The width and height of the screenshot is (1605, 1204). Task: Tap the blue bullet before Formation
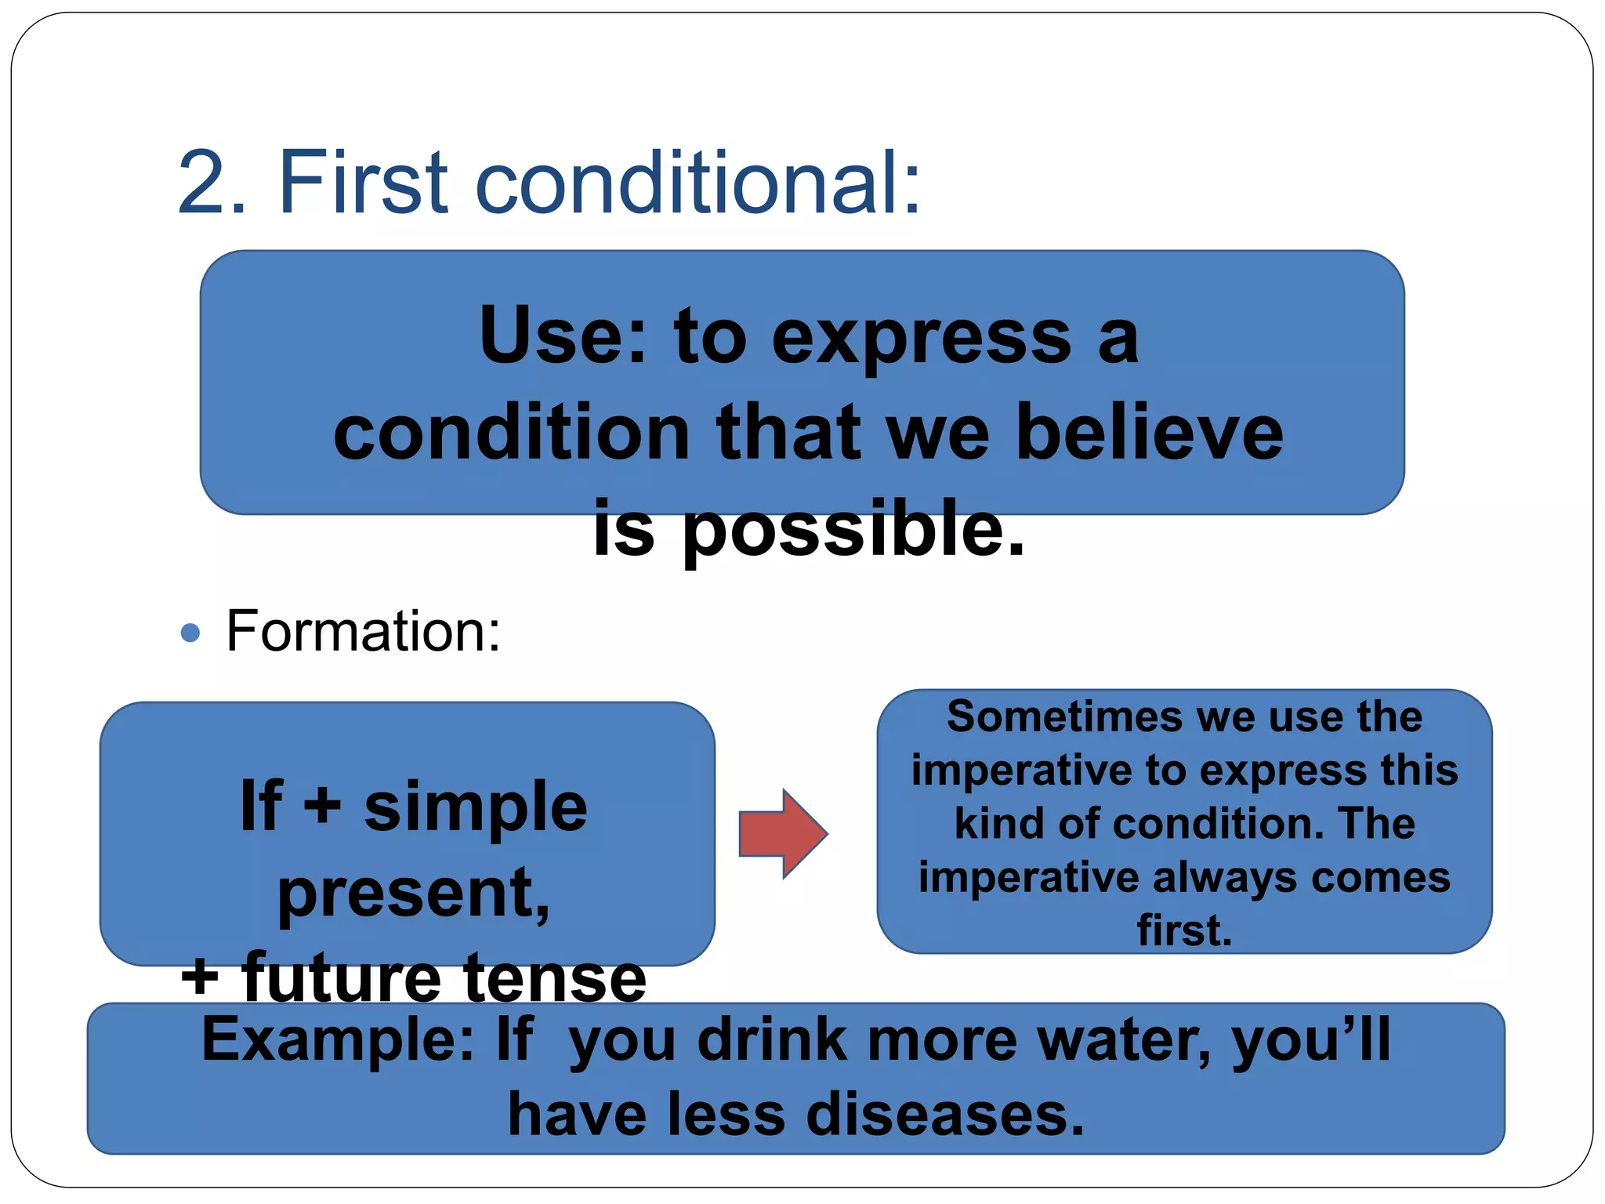tap(190, 632)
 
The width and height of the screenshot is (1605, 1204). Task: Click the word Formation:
tap(363, 632)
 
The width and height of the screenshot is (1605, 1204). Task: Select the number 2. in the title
tap(212, 183)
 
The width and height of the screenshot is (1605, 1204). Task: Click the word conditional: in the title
tap(698, 183)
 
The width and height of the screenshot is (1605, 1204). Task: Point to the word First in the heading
tap(364, 183)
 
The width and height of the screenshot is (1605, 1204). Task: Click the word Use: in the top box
tap(563, 337)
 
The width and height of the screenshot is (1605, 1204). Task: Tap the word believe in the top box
tap(1149, 433)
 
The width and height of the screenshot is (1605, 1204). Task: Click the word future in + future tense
tap(340, 977)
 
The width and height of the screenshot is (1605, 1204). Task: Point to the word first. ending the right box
tap(1184, 930)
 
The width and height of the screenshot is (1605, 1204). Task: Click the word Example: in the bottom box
tap(338, 1041)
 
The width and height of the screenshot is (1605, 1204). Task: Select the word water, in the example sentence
tap(1125, 1041)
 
